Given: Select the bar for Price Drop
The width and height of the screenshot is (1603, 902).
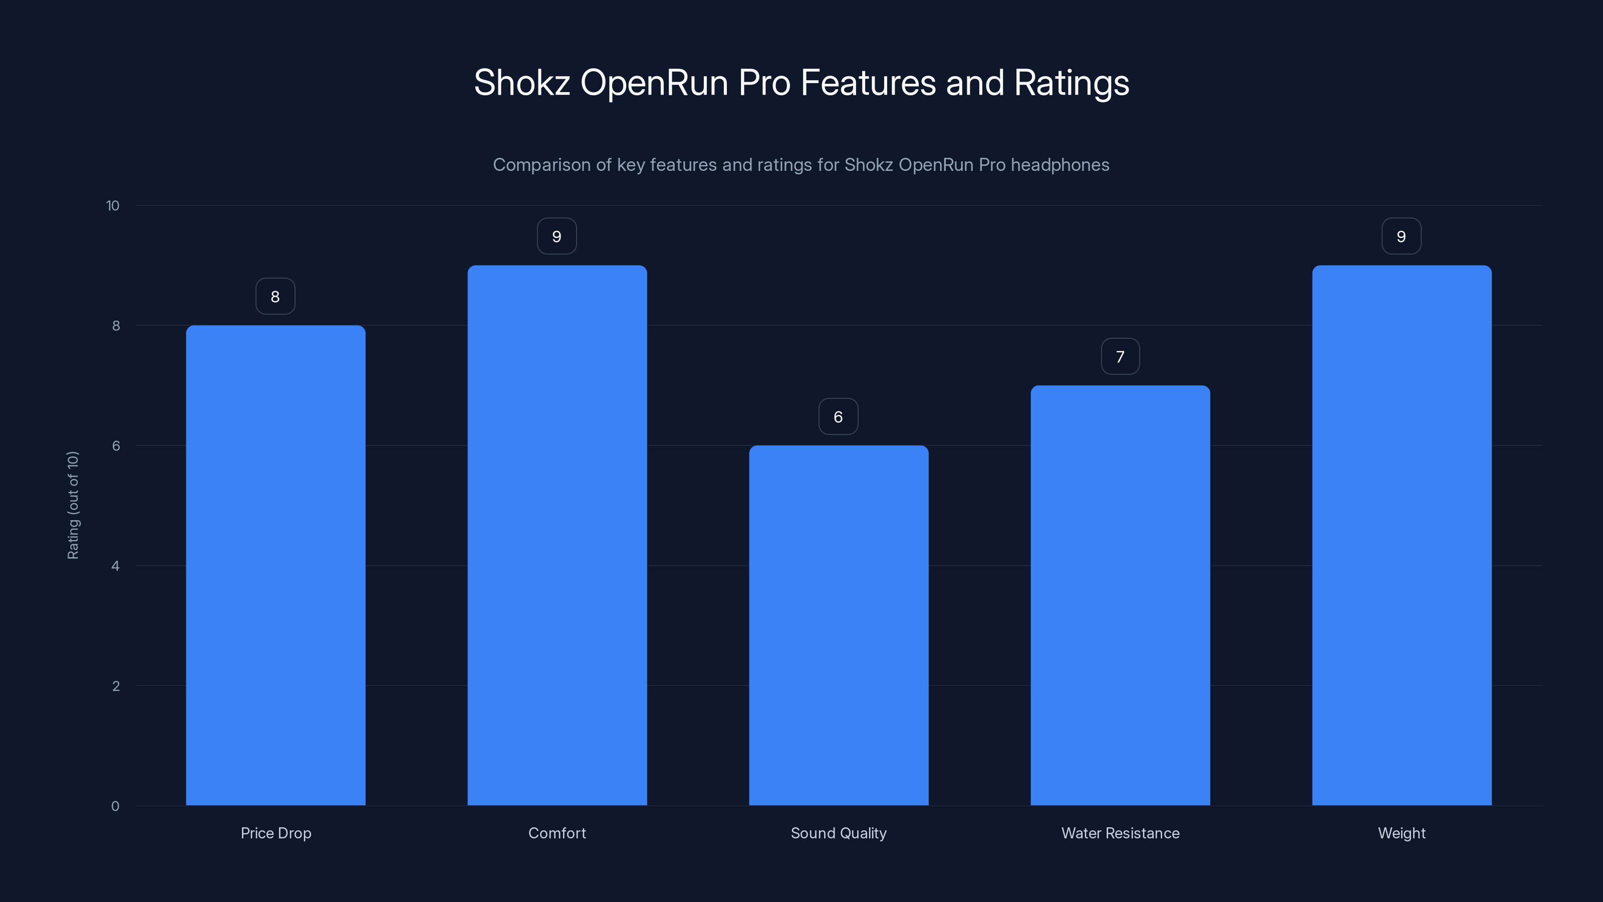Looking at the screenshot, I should point(276,565).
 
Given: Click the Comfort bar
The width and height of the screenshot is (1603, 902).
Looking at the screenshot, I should point(557,535).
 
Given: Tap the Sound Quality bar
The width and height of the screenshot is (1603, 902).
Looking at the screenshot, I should point(838,625).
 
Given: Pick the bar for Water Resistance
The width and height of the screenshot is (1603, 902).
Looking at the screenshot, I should point(1120,595).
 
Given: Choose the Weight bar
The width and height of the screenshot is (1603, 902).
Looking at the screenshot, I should point(1402,535).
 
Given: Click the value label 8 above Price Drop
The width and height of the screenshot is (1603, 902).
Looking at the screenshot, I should point(275,296).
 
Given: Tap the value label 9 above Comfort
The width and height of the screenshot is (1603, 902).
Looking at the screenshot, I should point(557,237).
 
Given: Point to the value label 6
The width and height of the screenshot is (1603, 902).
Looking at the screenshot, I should point(838,416).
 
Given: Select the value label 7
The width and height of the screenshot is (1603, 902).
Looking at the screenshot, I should point(1120,357).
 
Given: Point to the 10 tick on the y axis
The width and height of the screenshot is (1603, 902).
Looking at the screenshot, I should point(113,205).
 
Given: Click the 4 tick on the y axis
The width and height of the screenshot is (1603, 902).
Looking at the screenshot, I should point(115,566).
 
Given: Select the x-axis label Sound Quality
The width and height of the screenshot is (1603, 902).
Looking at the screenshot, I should point(838,833).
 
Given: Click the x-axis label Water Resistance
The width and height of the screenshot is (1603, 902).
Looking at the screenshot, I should point(1120,833).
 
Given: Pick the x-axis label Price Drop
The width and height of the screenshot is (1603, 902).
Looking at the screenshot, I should point(276,833).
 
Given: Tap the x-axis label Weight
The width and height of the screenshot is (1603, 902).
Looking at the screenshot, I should point(1402,833).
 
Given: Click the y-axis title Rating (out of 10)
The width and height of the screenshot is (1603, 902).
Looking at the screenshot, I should point(73,505).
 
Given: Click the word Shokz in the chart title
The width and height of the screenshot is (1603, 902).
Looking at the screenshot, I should point(521,83).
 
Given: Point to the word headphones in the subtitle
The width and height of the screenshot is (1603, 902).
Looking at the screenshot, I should point(1060,165).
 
